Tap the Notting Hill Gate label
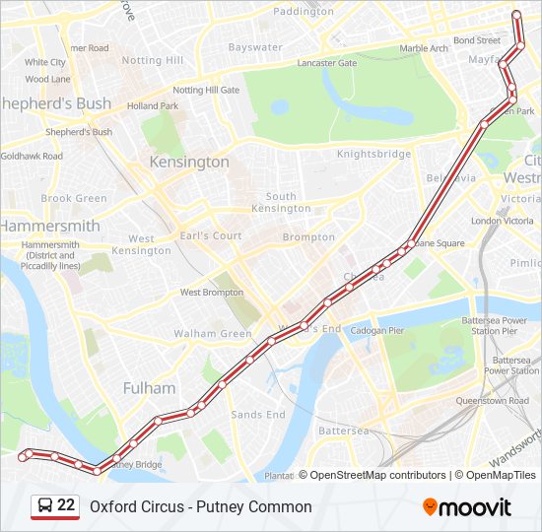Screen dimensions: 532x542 coord(207,90)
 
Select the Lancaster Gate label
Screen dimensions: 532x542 coord(326,63)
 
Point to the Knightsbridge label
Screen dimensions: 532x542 coord(373,155)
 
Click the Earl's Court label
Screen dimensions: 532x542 coord(212,236)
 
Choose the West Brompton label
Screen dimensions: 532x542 coord(211,293)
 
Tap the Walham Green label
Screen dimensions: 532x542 coord(213,334)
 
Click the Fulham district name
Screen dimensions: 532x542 coord(149,388)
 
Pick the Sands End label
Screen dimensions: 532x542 coord(258,415)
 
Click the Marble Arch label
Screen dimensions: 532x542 coord(424,48)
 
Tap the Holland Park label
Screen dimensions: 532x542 coord(152,105)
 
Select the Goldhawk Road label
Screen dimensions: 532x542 coord(32,157)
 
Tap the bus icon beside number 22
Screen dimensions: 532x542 coord(45,506)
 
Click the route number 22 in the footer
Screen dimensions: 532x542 coord(66,506)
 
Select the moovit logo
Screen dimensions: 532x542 coord(467,507)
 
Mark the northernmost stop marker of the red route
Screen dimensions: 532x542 coord(516,14)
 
